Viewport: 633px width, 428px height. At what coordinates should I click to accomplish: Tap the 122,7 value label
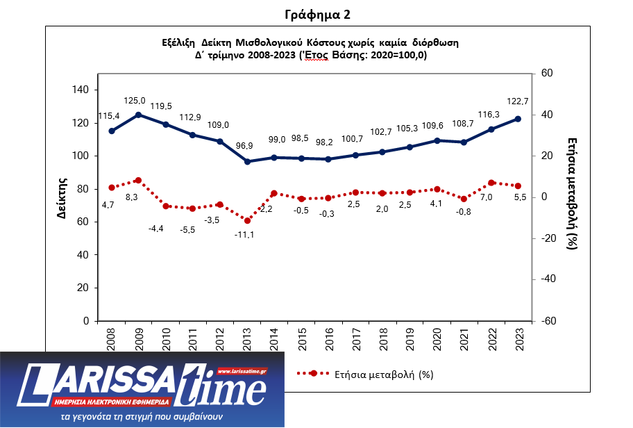pyautogui.click(x=516, y=101)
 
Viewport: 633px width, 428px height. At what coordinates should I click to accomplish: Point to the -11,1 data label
pyautogui.click(x=244, y=235)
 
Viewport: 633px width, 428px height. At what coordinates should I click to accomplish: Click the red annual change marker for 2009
pyautogui.click(x=138, y=181)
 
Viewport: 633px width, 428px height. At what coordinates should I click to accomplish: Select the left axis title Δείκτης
pyautogui.click(x=61, y=199)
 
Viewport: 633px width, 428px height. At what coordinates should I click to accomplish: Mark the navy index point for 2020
pyautogui.click(x=437, y=140)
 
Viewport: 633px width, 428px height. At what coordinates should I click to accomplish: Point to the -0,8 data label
pyautogui.click(x=464, y=212)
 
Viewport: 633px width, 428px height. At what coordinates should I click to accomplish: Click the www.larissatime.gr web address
pyautogui.click(x=243, y=372)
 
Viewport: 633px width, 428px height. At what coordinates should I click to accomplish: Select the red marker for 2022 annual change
pyautogui.click(x=491, y=183)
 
